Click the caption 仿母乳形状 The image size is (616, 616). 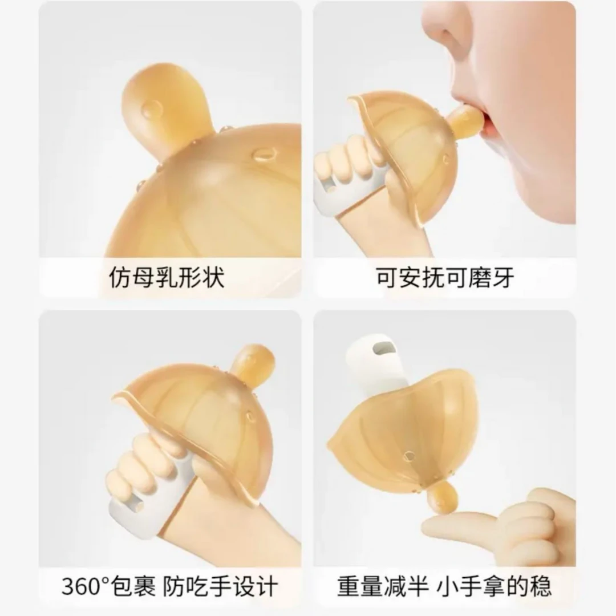coord(167,278)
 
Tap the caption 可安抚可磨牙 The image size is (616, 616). coord(445,278)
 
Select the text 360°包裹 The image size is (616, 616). coord(108,586)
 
